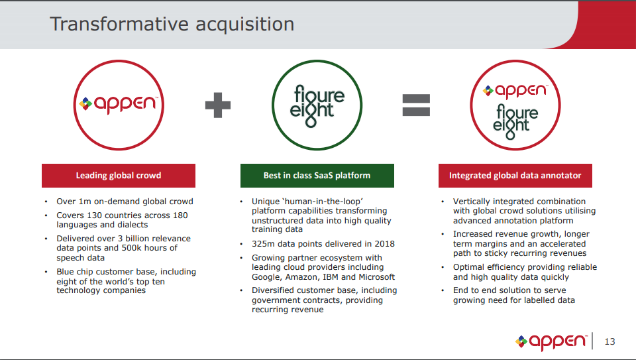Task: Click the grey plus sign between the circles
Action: coord(218,105)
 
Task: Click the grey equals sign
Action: coord(416,105)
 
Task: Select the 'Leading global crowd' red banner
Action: coord(119,175)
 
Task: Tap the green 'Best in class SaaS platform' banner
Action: coord(317,175)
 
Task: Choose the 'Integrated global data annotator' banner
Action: coord(515,175)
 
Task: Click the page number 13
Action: coord(609,341)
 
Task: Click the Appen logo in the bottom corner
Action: coord(551,341)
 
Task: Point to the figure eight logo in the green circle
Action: coord(317,105)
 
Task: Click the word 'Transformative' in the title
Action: coord(119,24)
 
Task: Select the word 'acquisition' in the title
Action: coord(245,25)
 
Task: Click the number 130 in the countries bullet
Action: coord(95,215)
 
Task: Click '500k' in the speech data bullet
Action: coord(132,247)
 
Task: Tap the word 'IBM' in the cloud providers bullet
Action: coord(331,277)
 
